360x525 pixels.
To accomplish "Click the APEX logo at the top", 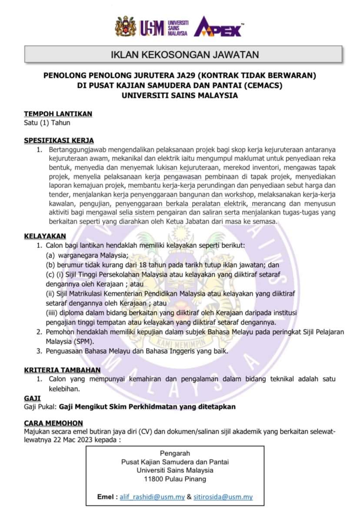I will [x=218, y=27].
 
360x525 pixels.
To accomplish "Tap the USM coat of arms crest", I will [x=126, y=27].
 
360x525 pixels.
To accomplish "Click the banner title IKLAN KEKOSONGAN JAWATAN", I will [x=185, y=55].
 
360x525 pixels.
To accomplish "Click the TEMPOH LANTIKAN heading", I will [x=58, y=114].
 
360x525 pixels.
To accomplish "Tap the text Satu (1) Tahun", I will [x=47, y=123].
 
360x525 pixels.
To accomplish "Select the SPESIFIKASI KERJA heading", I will [x=59, y=140].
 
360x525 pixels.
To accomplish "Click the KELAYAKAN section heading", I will [x=45, y=236].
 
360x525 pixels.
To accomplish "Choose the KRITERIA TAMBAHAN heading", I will [x=62, y=370].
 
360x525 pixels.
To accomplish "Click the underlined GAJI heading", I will [x=32, y=398].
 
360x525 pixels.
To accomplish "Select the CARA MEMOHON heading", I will [x=53, y=423].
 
